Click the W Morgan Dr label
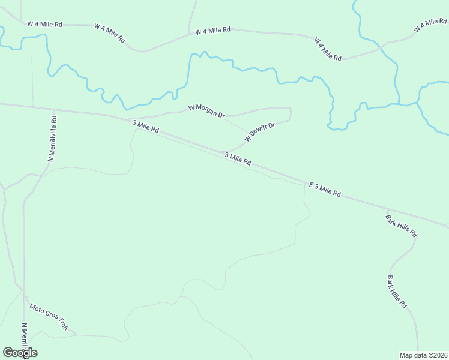(206, 111)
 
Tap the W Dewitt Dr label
(259, 132)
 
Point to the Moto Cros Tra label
(49, 317)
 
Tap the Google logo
(20, 352)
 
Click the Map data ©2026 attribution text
(424, 355)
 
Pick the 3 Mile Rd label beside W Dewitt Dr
(237, 159)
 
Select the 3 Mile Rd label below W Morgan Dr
(145, 127)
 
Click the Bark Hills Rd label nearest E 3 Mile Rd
(401, 226)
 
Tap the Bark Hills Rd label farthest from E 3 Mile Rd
(397, 292)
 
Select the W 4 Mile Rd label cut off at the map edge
(431, 26)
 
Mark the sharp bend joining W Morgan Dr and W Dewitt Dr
(291, 110)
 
